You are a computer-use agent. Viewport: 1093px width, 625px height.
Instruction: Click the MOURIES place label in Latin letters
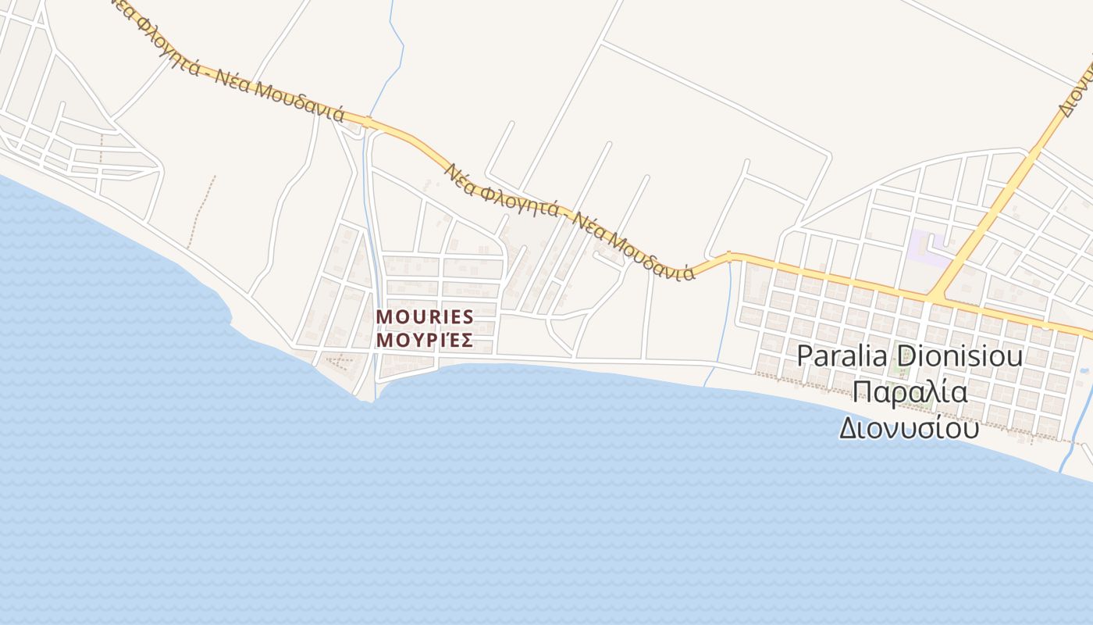click(x=425, y=316)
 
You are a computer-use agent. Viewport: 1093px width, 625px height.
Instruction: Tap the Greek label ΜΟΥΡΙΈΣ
click(x=425, y=340)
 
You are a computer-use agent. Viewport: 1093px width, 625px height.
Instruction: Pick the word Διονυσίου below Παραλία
click(x=909, y=427)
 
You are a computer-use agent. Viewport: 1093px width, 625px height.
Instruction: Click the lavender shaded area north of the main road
click(x=926, y=247)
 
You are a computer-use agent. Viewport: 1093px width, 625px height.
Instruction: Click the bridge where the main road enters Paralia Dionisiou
click(x=729, y=256)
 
